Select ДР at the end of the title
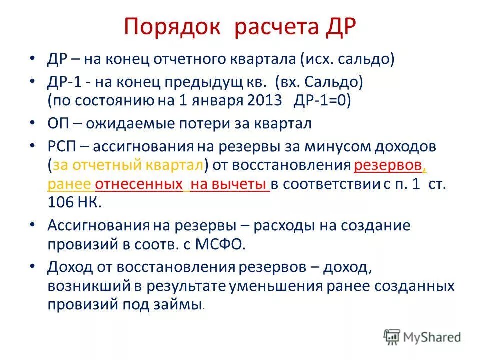point(338,27)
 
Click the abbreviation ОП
point(58,123)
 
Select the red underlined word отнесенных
point(138,184)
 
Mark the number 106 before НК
point(60,202)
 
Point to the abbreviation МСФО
point(223,244)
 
